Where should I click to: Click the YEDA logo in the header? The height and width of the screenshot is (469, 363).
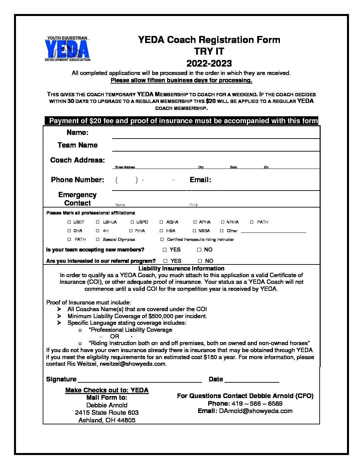tap(67, 49)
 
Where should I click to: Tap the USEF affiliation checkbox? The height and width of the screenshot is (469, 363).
tap(69, 222)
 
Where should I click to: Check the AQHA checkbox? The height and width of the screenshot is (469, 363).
tap(161, 222)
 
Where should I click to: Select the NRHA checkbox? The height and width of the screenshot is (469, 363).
tap(223, 222)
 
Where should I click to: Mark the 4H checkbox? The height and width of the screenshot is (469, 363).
tap(98, 231)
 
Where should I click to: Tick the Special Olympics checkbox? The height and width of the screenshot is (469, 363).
tap(98, 239)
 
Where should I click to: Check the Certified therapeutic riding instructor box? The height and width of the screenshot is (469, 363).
tap(162, 239)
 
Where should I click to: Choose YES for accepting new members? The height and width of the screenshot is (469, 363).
tap(165, 249)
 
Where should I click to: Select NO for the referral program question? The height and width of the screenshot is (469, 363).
tap(200, 261)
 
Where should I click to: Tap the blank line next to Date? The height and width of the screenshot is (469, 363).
tap(252, 380)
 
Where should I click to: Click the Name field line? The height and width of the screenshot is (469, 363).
tap(216, 135)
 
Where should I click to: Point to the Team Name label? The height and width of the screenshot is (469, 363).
tap(77, 145)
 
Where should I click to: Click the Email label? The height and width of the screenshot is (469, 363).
tap(200, 180)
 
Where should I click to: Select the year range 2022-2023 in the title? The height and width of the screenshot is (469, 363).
tap(209, 63)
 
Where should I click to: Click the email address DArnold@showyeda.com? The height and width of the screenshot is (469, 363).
tap(256, 411)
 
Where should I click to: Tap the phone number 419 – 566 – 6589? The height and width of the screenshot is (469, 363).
tap(257, 403)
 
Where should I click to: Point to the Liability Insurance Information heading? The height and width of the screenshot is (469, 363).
tap(181, 268)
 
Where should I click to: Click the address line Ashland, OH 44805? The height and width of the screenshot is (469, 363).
tap(107, 420)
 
